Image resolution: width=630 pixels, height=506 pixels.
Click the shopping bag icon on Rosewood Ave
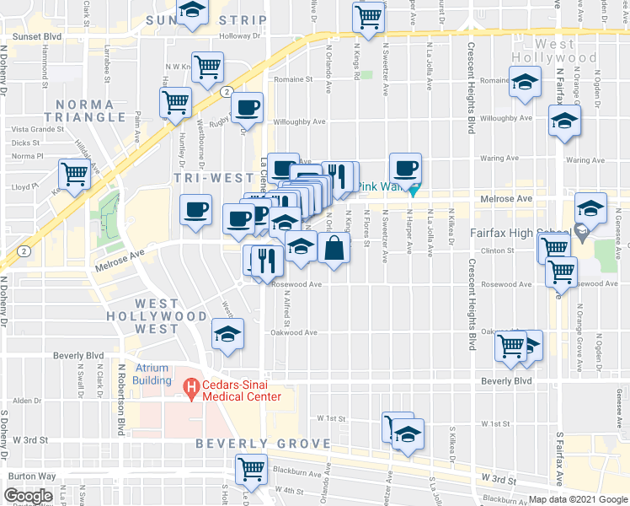(334, 249)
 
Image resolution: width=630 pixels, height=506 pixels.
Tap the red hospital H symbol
(191, 387)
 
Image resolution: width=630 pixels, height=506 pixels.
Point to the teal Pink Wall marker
(414, 189)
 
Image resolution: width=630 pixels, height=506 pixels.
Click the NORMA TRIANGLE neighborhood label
(83, 111)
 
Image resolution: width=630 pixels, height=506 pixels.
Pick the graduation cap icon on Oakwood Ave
(227, 333)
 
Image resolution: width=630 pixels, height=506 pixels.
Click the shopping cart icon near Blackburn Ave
(252, 470)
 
